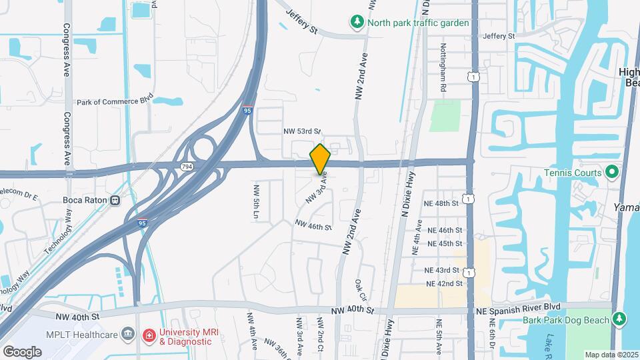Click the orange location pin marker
(x=321, y=159)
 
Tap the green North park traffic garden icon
(x=357, y=23)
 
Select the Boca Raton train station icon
(x=115, y=199)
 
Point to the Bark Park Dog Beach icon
(x=619, y=320)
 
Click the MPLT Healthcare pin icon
(x=127, y=335)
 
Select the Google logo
(x=22, y=351)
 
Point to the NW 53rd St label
(x=302, y=131)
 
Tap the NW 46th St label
(x=313, y=227)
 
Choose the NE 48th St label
(x=441, y=202)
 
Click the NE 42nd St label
(x=445, y=283)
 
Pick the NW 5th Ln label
(x=255, y=201)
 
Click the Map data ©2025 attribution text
(x=611, y=354)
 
